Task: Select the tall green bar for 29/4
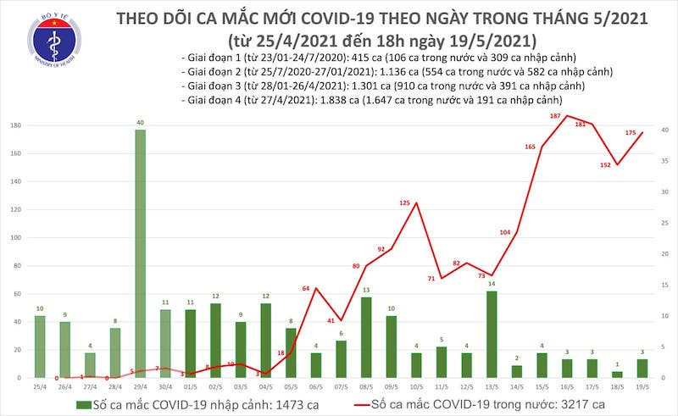coord(140,253)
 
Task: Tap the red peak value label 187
coord(555,116)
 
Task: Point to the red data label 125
coord(404,203)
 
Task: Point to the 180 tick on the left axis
coord(15,125)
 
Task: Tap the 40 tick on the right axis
coord(664,130)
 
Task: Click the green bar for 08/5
coord(365,337)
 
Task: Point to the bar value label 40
coord(140,122)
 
